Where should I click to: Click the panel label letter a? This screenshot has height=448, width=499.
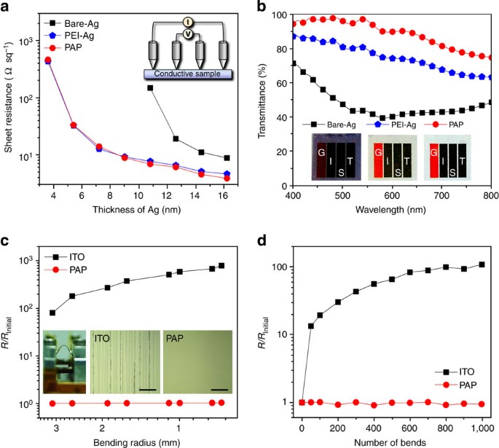click(x=6, y=7)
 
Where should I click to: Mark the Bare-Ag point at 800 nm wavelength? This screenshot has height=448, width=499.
click(x=490, y=102)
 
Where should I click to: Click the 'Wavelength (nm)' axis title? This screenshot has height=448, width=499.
click(x=391, y=212)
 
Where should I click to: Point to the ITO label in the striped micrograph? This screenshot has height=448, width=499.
click(x=106, y=339)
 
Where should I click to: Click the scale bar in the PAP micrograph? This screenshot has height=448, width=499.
click(x=219, y=389)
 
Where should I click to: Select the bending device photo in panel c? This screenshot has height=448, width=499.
click(x=65, y=362)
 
